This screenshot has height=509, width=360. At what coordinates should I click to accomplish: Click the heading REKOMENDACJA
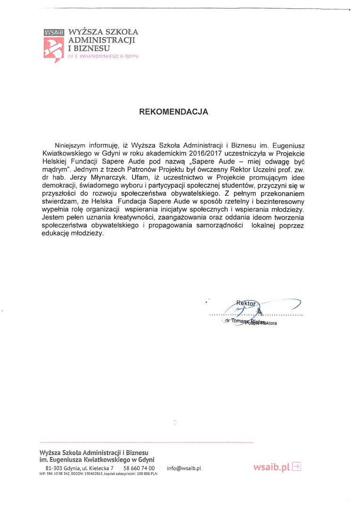pos(173,112)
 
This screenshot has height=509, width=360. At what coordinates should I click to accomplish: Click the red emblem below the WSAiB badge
pos(53,49)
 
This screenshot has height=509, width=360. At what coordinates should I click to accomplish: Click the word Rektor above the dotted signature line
pos(245,304)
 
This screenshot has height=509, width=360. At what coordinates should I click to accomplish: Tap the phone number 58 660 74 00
pos(139,468)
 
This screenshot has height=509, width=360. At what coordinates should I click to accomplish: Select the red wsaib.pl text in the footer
pos(271,467)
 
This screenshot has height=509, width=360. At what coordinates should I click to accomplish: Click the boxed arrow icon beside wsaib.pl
pos(296,467)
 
